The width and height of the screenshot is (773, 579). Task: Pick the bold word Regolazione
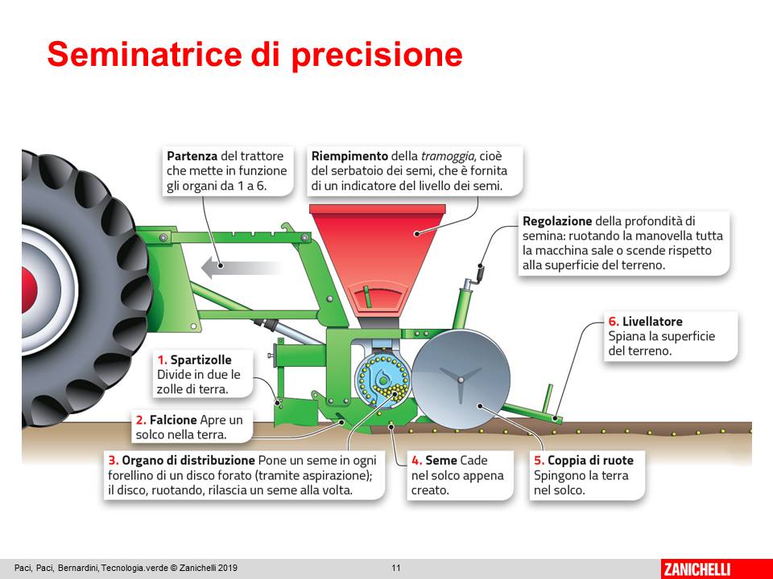point(557,221)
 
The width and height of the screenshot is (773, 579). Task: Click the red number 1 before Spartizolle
point(162,359)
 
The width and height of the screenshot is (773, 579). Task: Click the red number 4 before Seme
point(416,461)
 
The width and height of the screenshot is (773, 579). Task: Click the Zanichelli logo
point(696,569)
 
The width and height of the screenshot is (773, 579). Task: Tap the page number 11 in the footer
point(396,569)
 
